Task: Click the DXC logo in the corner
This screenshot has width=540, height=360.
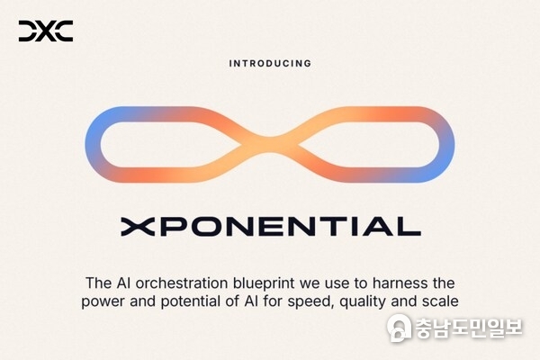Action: pyautogui.click(x=45, y=31)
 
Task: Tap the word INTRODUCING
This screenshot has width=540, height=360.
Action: pyautogui.click(x=270, y=64)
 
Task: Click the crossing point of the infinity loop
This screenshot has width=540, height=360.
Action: pyautogui.click(x=269, y=144)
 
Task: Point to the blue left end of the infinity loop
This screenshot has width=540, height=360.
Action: pyautogui.click(x=93, y=143)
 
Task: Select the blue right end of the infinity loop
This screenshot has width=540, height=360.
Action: pyautogui.click(x=447, y=143)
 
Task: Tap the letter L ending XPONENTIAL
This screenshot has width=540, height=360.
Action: pyautogui.click(x=409, y=225)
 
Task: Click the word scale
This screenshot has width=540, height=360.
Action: pyautogui.click(x=439, y=301)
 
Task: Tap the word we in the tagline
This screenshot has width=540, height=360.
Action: pyautogui.click(x=328, y=281)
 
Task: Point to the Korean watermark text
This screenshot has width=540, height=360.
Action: pyautogui.click(x=468, y=328)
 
